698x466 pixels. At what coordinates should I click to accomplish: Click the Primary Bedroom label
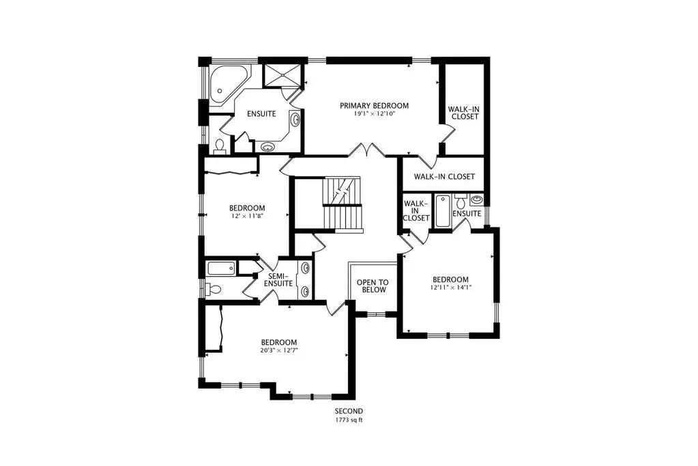(x=374, y=106)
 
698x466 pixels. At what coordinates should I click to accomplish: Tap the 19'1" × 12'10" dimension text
(x=375, y=113)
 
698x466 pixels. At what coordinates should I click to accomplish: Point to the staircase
(x=342, y=204)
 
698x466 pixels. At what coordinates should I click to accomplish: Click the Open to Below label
(x=373, y=286)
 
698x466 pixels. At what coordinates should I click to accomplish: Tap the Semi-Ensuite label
(x=278, y=279)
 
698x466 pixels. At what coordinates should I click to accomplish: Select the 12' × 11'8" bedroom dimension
(x=247, y=216)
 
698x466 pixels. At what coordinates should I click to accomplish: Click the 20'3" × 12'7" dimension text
(x=279, y=350)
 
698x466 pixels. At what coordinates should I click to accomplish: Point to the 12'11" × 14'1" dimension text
(x=450, y=288)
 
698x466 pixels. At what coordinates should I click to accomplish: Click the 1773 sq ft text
(x=349, y=420)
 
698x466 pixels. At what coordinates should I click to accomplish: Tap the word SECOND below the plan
(x=349, y=411)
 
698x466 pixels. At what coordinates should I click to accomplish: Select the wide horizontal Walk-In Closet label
(x=444, y=176)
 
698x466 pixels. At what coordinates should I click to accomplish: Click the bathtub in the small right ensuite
(x=443, y=211)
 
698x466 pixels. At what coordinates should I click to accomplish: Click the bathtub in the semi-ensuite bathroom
(x=221, y=269)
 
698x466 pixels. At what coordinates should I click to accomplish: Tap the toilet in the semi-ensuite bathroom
(x=213, y=290)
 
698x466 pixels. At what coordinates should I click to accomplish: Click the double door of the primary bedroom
(x=366, y=150)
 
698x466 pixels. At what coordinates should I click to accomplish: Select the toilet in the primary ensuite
(x=220, y=147)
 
